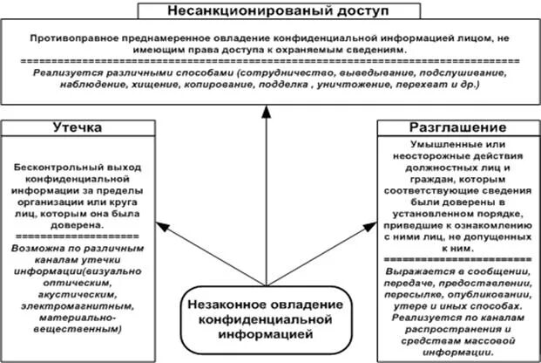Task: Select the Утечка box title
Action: pyautogui.click(x=78, y=128)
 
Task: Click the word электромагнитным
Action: pyautogui.click(x=67, y=306)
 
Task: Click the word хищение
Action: pyautogui.click(x=157, y=87)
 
